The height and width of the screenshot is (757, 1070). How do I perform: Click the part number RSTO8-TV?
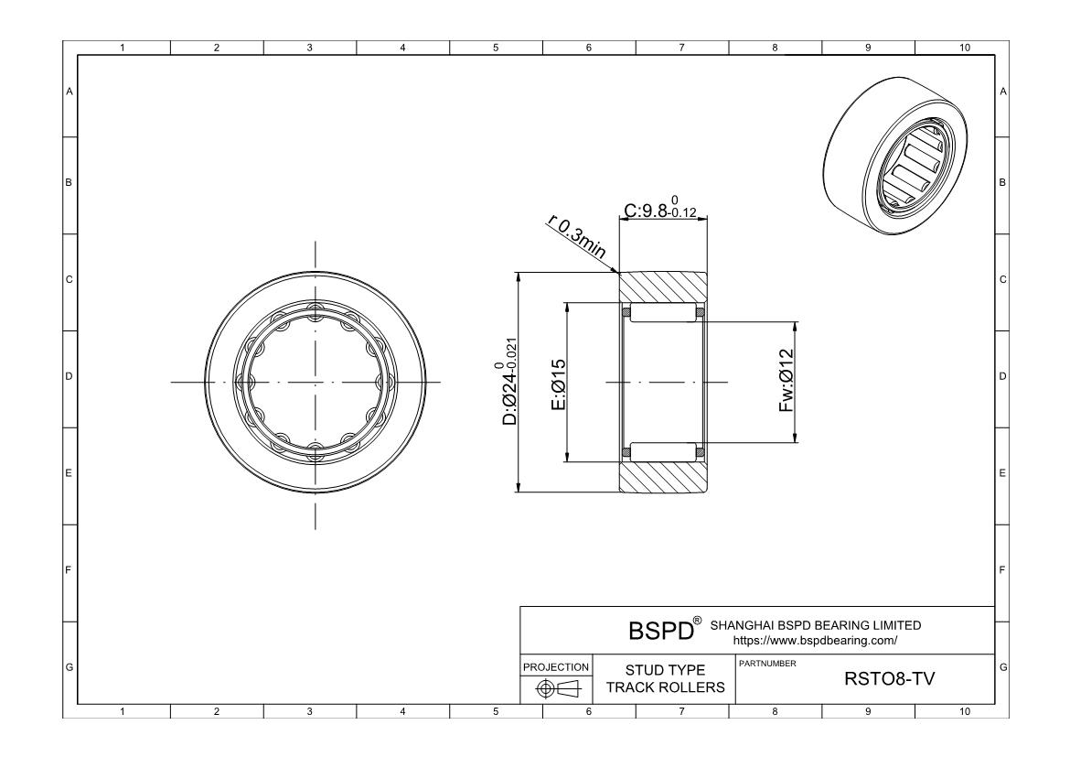point(889,678)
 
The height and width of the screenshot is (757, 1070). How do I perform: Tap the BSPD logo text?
point(660,631)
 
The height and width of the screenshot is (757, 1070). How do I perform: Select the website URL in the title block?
point(815,641)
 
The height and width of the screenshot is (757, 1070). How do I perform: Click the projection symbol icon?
point(556,688)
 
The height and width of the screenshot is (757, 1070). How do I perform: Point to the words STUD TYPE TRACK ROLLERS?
point(666,678)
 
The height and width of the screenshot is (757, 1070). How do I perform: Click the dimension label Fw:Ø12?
point(786,381)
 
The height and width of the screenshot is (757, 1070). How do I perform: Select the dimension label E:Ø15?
point(558,384)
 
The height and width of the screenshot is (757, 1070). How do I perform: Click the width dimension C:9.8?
point(660,208)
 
